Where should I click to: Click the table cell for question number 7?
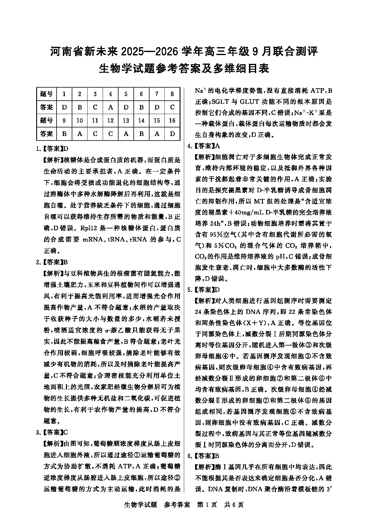tap(157, 94)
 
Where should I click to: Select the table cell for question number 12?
tap(111, 121)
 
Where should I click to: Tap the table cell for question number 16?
tap(172, 121)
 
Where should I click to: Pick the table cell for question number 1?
tap(64, 94)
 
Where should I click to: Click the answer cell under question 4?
tap(111, 107)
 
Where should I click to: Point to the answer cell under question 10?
tap(80, 134)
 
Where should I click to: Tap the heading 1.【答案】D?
tap(52, 149)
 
